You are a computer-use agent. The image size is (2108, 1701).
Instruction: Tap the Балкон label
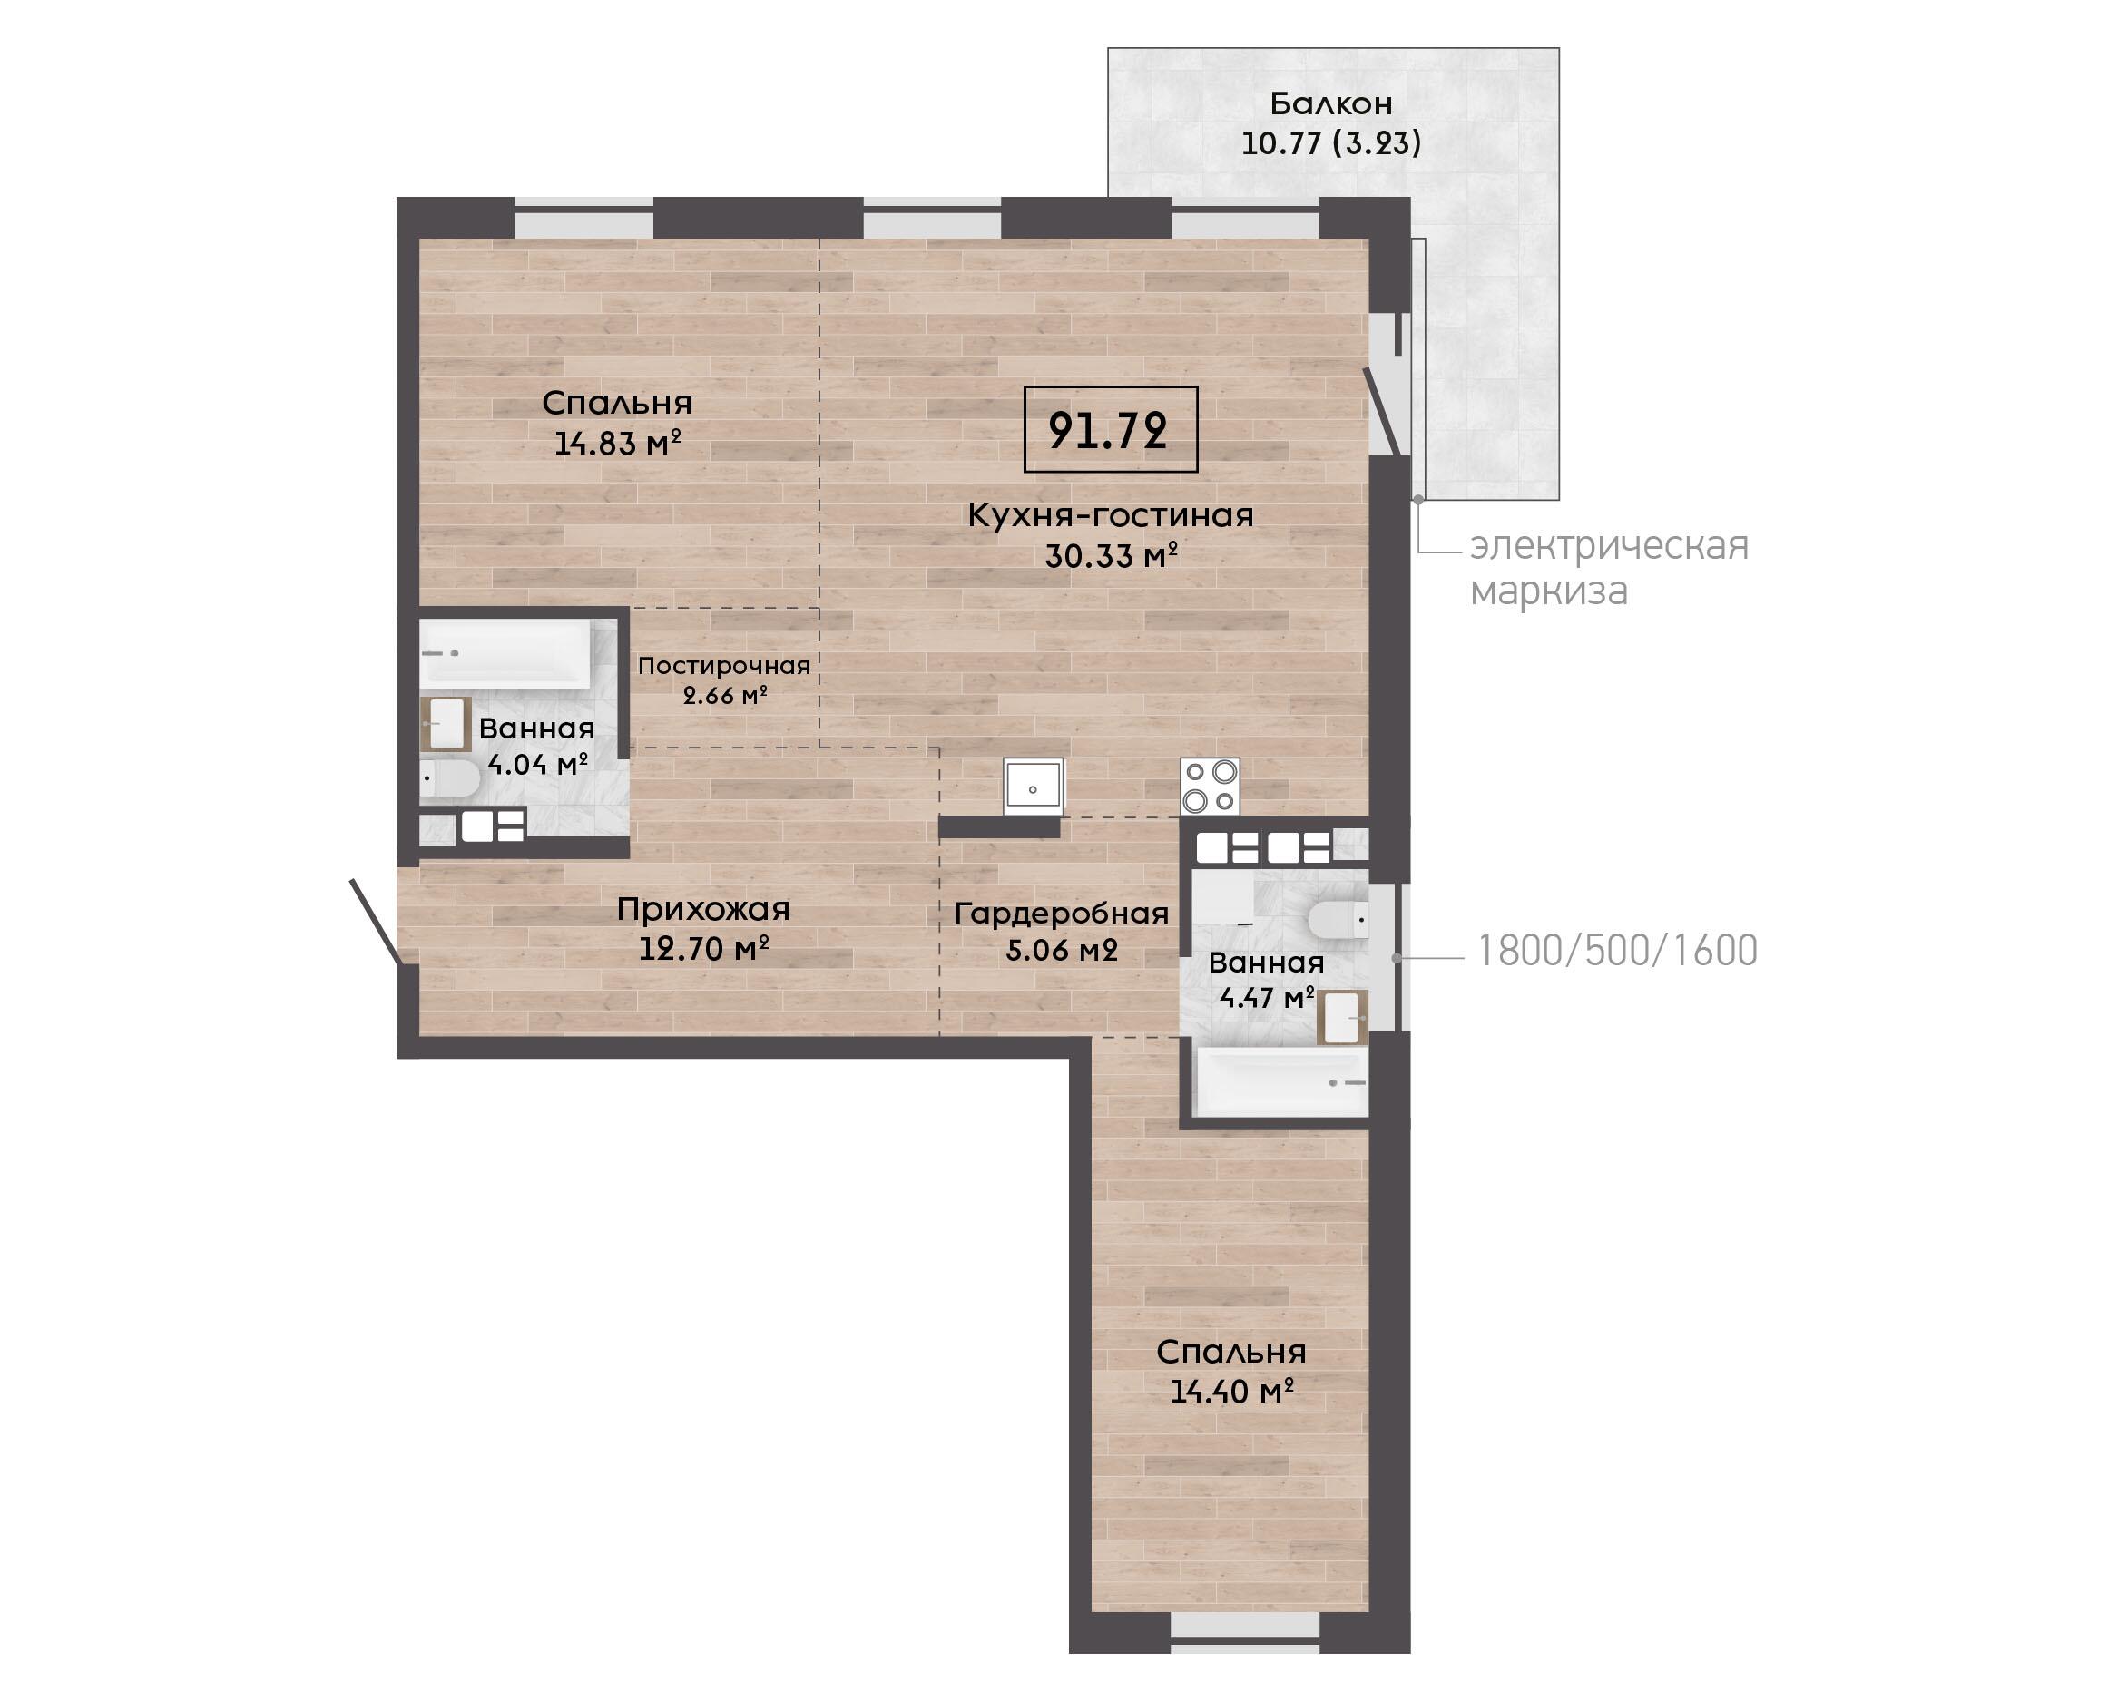pyautogui.click(x=1331, y=103)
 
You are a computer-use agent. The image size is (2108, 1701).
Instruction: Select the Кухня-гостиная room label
pyautogui.click(x=1111, y=515)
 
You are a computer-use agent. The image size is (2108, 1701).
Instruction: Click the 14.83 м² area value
pyautogui.click(x=617, y=444)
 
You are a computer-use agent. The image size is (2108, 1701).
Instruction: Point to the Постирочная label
pyautogui.click(x=724, y=665)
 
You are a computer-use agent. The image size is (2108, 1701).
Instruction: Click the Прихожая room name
pyautogui.click(x=702, y=910)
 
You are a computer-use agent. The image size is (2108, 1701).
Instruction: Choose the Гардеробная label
pyautogui.click(x=1062, y=914)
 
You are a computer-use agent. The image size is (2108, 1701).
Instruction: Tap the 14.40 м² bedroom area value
pyautogui.click(x=1232, y=1391)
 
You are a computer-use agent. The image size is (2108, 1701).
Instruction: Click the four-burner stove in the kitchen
pyautogui.click(x=1211, y=786)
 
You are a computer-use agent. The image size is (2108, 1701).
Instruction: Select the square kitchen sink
pyautogui.click(x=1033, y=786)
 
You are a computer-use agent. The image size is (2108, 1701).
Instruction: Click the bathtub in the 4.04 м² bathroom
pyautogui.click(x=505, y=653)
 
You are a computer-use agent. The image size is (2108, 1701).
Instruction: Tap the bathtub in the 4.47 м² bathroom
pyautogui.click(x=1280, y=1081)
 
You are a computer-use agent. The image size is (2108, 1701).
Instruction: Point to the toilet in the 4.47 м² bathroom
pyautogui.click(x=1338, y=920)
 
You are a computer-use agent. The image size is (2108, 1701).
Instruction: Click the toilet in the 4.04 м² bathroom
pyautogui.click(x=450, y=780)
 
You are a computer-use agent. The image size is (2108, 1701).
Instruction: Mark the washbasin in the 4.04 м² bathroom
pyautogui.click(x=446, y=724)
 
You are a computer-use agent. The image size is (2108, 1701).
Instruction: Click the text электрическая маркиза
pyautogui.click(x=1608, y=568)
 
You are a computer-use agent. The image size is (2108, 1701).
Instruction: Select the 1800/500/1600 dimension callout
pyautogui.click(x=1617, y=951)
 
